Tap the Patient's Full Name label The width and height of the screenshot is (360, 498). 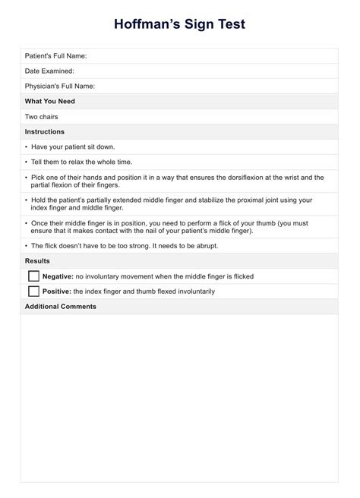point(55,55)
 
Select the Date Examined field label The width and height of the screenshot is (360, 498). point(49,71)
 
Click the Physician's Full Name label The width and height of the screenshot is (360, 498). point(59,86)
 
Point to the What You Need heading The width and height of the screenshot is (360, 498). point(49,101)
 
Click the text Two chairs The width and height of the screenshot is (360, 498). point(41,116)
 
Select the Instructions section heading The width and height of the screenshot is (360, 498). point(45,131)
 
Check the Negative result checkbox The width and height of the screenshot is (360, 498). point(33,276)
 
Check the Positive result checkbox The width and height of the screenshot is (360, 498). point(33,291)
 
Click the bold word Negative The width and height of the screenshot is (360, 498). point(58,276)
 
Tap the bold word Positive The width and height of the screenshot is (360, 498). point(57,291)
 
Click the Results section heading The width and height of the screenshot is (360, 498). point(37,260)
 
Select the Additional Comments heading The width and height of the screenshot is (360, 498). point(60,306)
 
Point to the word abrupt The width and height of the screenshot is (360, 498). point(206,245)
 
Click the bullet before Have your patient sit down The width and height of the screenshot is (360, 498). point(26,147)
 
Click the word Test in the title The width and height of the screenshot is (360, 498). point(226,24)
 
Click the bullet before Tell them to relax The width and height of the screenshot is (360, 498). point(26,162)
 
